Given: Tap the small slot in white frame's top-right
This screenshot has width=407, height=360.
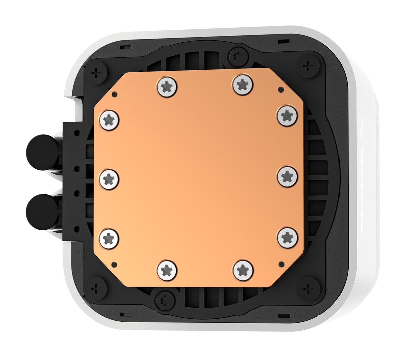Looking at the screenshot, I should [284, 41].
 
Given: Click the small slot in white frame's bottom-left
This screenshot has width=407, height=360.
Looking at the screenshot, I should [122, 314].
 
